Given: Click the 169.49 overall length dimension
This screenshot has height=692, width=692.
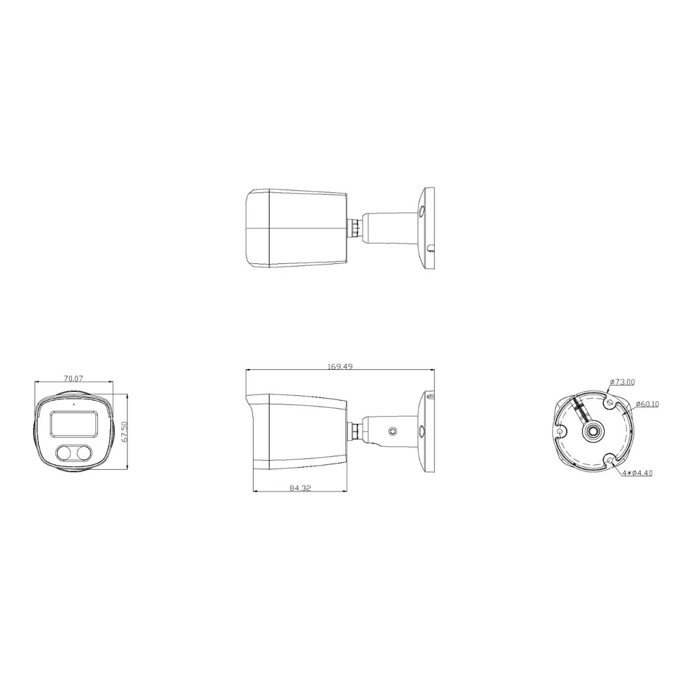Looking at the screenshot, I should click(x=340, y=367).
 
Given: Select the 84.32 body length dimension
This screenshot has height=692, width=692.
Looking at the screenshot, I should click(x=300, y=488).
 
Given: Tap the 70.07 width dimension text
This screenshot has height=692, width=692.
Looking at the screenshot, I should click(x=74, y=378).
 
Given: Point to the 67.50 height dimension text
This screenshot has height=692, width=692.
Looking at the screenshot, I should click(x=124, y=432).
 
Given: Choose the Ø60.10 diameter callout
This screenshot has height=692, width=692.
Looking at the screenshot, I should click(x=647, y=404).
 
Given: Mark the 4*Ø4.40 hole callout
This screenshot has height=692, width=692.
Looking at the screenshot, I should click(x=637, y=473).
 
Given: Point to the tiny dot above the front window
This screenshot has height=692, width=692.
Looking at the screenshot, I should click(x=72, y=404).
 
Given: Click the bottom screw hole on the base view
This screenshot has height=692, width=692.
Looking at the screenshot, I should click(x=611, y=458).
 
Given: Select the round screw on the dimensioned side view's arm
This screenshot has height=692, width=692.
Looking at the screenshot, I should click(x=392, y=431).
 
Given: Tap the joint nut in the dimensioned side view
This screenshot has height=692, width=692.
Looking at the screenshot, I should click(x=355, y=431).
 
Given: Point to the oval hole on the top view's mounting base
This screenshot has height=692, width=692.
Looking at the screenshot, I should click(x=422, y=212).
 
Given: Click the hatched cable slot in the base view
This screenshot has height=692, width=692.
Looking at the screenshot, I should click(x=581, y=412).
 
